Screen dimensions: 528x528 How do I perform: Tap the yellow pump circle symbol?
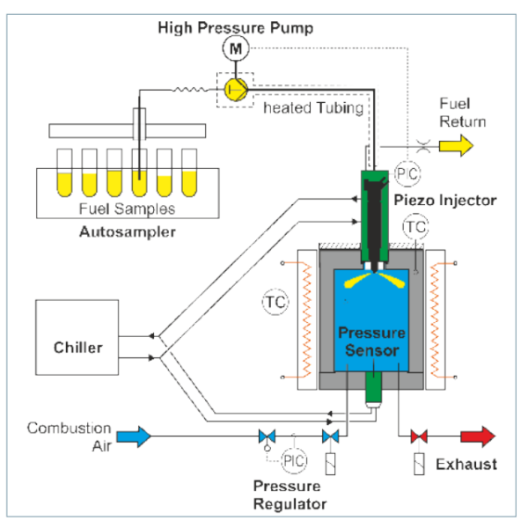coord(235,87)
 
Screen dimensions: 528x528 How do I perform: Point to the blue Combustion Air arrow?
coord(133,435)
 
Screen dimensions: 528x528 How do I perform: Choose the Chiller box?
coord(77,346)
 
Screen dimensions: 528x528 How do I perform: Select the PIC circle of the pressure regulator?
coord(297,459)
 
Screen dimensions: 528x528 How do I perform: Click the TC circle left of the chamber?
coord(275,303)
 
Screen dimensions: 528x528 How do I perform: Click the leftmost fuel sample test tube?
coord(63,172)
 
